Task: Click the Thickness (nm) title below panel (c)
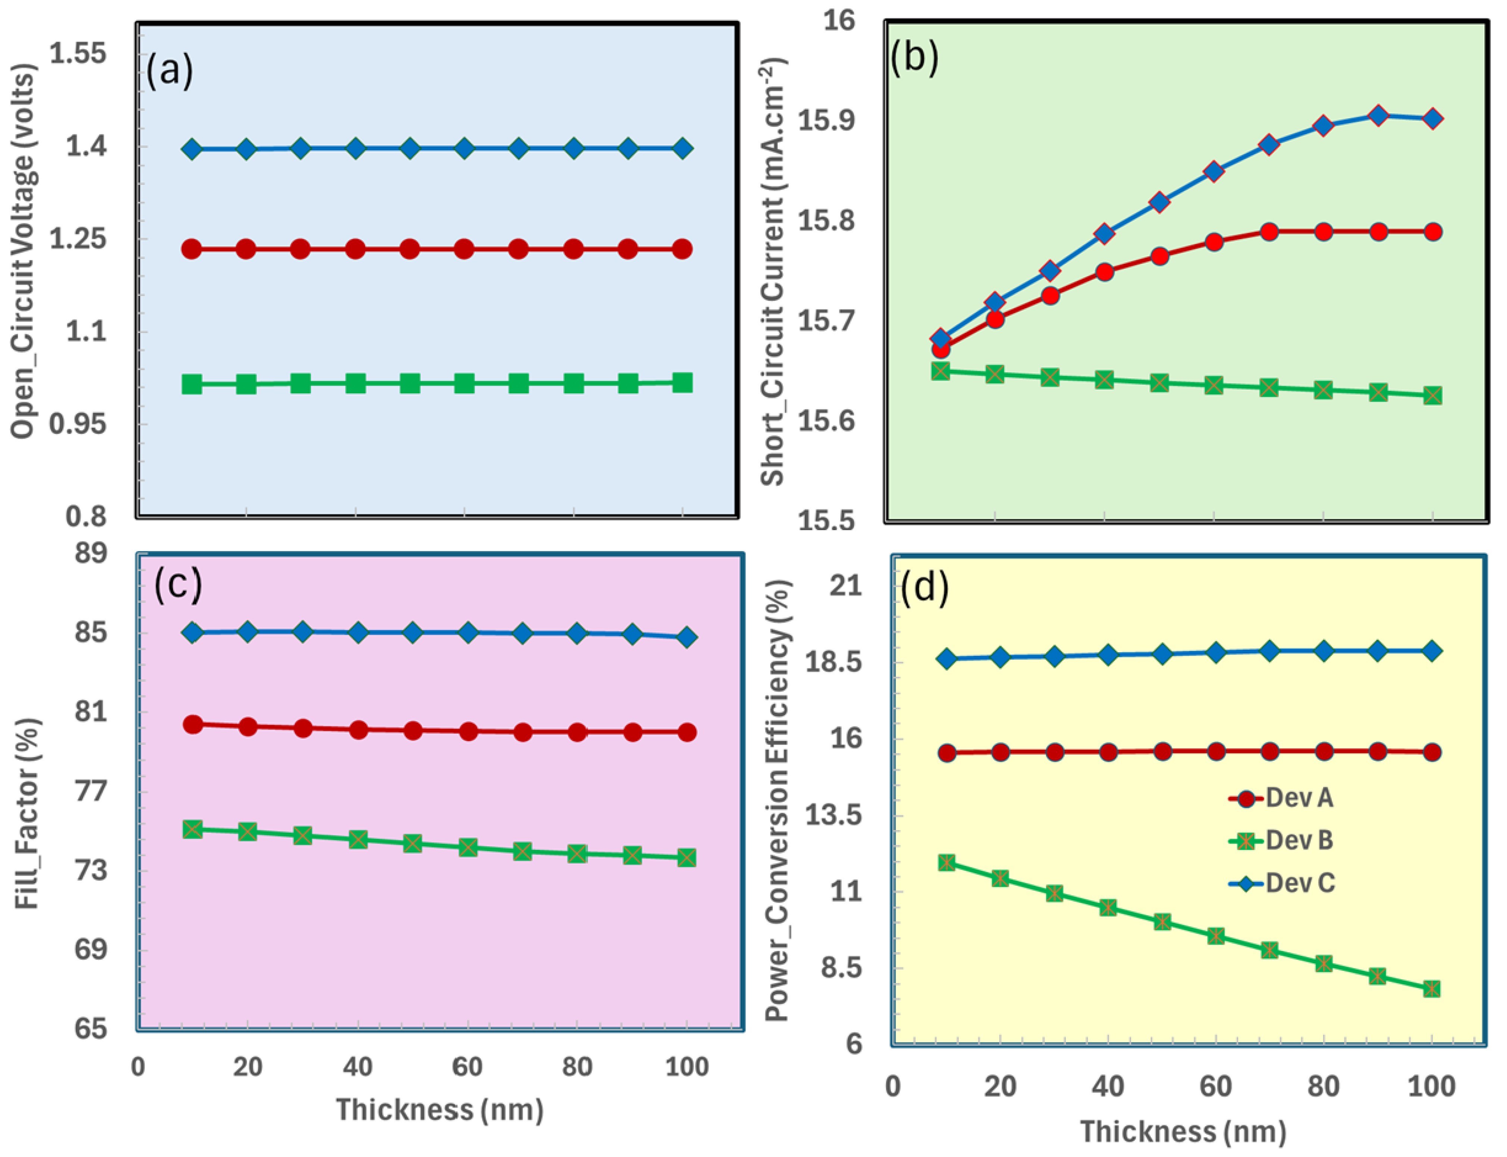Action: pyautogui.click(x=439, y=1110)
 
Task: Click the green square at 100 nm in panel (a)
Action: pyautogui.click(x=682, y=383)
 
